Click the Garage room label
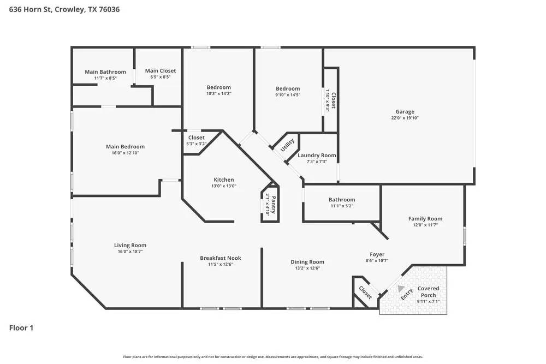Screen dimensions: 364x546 point(405,112)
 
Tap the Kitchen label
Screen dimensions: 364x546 point(223,180)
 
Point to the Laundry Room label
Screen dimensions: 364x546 point(317,156)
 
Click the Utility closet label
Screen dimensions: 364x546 point(288,145)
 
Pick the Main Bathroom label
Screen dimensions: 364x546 point(105,72)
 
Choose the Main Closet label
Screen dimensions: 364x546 point(161,71)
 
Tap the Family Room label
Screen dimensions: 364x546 point(425,219)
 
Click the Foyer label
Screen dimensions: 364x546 point(377,254)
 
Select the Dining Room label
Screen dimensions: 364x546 point(307,262)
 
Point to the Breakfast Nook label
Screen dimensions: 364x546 point(221,258)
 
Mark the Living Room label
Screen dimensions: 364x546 point(130,246)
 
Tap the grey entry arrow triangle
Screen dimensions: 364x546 point(402,289)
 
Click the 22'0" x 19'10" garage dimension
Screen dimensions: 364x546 point(405,118)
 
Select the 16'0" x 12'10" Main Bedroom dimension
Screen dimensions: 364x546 point(125,153)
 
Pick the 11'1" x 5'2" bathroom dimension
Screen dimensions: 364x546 point(342,206)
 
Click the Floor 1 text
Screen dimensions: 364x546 point(21,328)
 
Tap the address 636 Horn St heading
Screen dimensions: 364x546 point(64,9)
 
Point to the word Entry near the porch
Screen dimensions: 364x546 point(407,295)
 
